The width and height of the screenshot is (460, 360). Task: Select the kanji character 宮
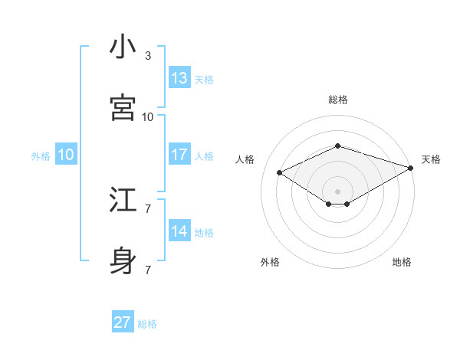pyautogui.click(x=123, y=109)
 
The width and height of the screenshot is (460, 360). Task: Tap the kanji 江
pyautogui.click(x=123, y=201)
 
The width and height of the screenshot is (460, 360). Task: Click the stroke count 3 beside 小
pyautogui.click(x=148, y=56)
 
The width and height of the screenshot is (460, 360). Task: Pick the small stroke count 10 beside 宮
pyautogui.click(x=148, y=117)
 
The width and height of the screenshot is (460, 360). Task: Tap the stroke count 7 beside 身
pyautogui.click(x=148, y=270)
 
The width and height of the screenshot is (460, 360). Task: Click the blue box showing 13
pyautogui.click(x=179, y=78)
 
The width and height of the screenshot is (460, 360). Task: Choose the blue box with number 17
pyautogui.click(x=179, y=155)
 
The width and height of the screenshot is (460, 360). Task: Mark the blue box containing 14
pyautogui.click(x=179, y=231)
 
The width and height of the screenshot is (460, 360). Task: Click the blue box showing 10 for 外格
pyautogui.click(x=66, y=155)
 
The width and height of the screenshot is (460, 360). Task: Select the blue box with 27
pyautogui.click(x=123, y=322)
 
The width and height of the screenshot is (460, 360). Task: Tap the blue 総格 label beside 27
pyautogui.click(x=147, y=324)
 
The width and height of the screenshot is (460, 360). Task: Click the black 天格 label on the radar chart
pyautogui.click(x=431, y=159)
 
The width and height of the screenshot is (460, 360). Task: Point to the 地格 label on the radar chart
pyautogui.click(x=402, y=262)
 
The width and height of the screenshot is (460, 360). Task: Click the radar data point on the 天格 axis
pyautogui.click(x=412, y=168)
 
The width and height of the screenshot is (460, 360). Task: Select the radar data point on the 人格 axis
pyautogui.click(x=280, y=172)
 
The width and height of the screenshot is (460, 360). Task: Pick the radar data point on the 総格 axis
pyautogui.click(x=337, y=145)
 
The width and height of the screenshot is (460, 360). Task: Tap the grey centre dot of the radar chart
pyautogui.click(x=337, y=190)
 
